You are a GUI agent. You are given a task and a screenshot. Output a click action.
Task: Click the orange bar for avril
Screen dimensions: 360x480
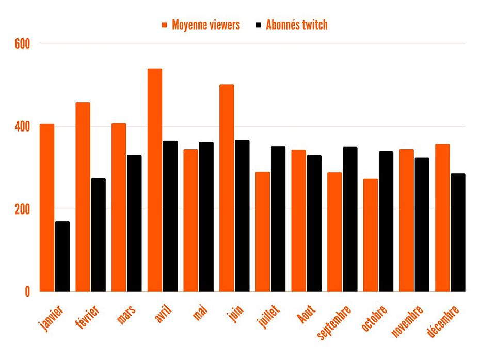[155, 181]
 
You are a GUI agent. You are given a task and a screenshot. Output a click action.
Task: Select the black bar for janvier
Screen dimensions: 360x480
[62, 257]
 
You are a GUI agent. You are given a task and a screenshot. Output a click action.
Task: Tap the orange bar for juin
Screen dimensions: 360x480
[227, 188]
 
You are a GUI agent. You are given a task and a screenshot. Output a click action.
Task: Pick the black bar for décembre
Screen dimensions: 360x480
[458, 233]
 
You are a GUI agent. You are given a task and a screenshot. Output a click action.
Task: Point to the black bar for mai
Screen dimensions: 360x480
[206, 217]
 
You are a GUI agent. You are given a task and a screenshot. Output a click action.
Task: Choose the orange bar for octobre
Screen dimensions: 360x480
[371, 235]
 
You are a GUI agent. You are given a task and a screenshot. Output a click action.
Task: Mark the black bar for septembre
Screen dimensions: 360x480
[350, 220]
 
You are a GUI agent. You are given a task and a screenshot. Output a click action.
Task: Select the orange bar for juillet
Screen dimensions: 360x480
[263, 232]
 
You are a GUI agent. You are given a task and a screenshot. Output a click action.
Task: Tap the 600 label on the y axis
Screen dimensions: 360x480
[22, 44]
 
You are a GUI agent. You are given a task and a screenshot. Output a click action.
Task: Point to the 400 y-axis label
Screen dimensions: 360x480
[22, 127]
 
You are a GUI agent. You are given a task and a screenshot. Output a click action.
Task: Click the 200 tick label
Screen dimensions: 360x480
[22, 209]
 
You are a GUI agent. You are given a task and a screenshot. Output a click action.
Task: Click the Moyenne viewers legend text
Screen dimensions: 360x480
[206, 25]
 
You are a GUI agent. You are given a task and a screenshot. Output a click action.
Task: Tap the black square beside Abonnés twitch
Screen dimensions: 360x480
[259, 25]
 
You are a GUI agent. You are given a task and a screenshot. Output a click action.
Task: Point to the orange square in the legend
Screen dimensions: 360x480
[165, 25]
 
